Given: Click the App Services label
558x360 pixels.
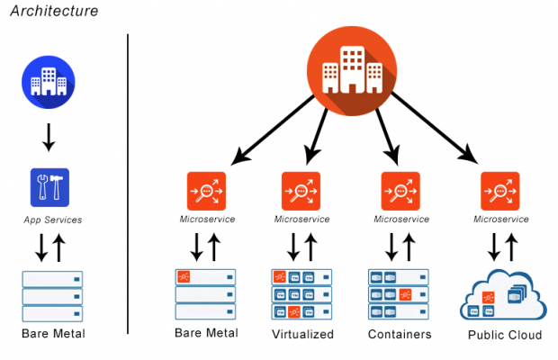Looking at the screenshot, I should click(x=49, y=219).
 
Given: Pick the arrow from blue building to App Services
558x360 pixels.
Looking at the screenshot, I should click(x=49, y=135).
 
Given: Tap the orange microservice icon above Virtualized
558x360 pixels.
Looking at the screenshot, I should click(x=301, y=190).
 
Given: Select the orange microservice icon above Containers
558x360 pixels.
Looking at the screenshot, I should click(x=400, y=190).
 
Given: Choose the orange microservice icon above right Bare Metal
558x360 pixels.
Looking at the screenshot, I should click(x=206, y=190).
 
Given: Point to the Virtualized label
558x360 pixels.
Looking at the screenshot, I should click(x=302, y=335).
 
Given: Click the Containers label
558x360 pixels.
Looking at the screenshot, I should click(x=400, y=335).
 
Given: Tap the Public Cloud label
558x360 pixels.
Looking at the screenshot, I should click(x=505, y=335).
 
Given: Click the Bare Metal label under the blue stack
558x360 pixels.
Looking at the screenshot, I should click(x=51, y=335).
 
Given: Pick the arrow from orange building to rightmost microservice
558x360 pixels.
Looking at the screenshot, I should click(x=432, y=126).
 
